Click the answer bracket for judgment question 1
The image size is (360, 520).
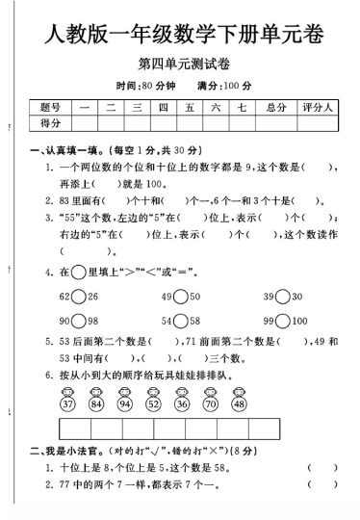point(322,493)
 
